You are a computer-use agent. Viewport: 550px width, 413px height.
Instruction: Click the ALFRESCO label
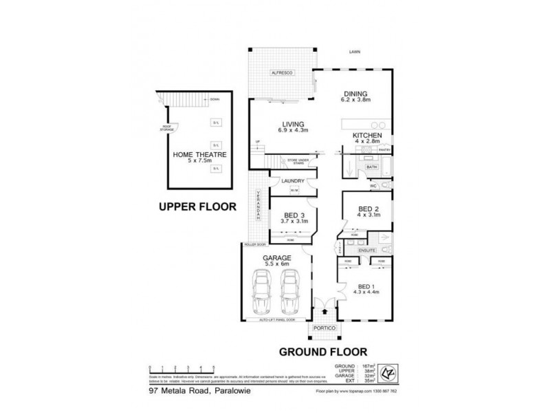[282, 72]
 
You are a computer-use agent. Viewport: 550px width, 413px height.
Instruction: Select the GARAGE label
[276, 258]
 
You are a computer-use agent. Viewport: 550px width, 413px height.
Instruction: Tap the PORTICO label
[323, 329]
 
